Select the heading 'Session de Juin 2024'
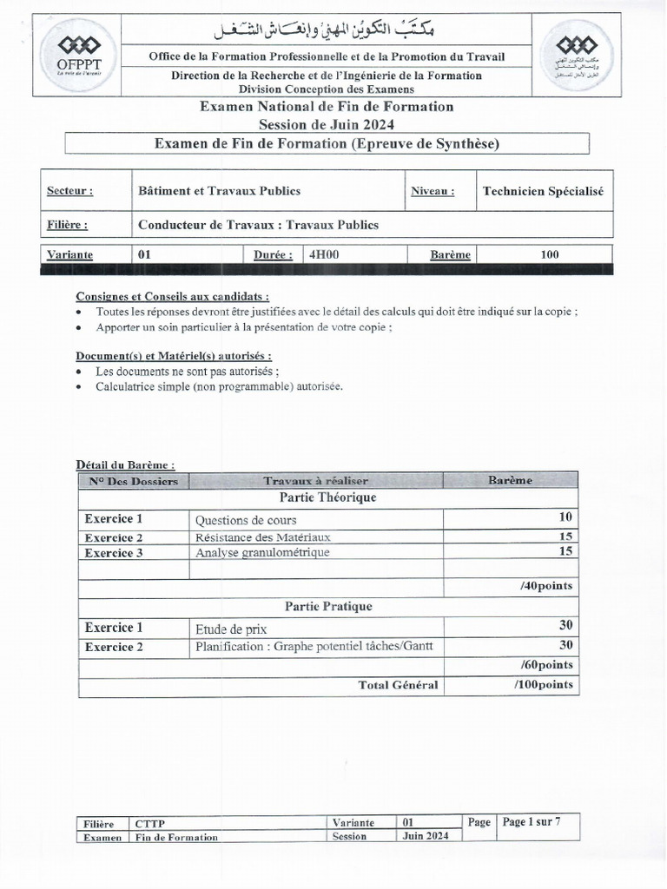[x=327, y=124]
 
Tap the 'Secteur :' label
[x=69, y=191]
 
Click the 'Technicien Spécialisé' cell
[x=543, y=191]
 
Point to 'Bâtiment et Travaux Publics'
[x=220, y=191]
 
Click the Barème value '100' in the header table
[x=549, y=255]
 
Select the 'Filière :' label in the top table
[x=68, y=225]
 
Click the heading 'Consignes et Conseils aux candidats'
[x=172, y=295]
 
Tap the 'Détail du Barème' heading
[x=125, y=465]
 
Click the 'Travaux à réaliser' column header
[x=316, y=480]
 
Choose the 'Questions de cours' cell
[x=246, y=520]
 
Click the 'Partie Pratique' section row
[x=328, y=606]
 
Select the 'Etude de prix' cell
[x=231, y=629]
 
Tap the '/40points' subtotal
[x=546, y=586]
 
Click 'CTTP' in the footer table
[x=149, y=823]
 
